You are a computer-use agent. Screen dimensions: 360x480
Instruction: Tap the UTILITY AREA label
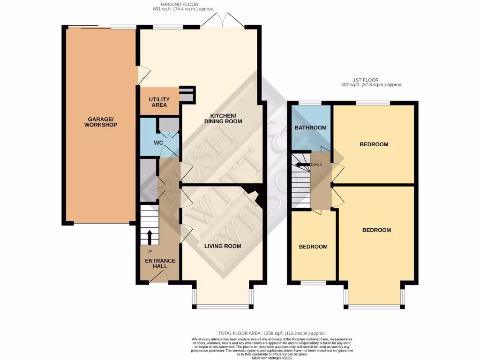coord(158,102)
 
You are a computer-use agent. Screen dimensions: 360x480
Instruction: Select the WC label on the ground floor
coord(158,142)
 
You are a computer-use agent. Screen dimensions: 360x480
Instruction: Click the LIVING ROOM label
coord(222,246)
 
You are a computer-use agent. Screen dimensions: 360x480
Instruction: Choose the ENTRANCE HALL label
coord(160,263)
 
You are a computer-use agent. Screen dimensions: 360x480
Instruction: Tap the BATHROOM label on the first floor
coord(310,127)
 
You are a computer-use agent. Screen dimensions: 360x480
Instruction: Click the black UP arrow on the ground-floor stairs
coord(150,237)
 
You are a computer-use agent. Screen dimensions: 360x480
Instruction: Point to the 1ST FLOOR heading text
coord(367,80)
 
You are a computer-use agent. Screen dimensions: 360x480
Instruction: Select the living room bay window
coord(223,307)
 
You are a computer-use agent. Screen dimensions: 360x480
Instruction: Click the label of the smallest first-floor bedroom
coord(313,247)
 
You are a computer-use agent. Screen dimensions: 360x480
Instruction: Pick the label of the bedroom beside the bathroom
coord(374,144)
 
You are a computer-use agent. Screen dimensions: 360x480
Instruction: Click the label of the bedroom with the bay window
coord(376,230)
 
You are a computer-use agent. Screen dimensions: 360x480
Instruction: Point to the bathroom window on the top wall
coord(310,103)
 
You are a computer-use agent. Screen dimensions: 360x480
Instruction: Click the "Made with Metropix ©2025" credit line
coord(272,358)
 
